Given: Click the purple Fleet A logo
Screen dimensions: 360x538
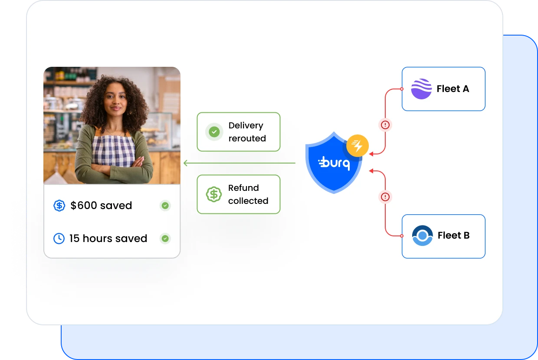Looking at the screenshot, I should point(421,89).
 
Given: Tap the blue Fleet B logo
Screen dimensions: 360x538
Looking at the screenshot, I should point(422,236).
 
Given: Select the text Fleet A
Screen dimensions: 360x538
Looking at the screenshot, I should point(453,89).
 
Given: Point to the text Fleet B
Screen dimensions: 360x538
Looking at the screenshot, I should point(453,236).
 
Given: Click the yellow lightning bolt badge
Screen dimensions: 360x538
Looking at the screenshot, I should point(358,146).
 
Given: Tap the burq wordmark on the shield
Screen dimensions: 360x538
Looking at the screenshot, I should point(334,164).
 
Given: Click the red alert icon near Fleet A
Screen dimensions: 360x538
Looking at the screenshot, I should point(385,125).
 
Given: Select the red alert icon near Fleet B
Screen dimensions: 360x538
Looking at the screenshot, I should point(385,197).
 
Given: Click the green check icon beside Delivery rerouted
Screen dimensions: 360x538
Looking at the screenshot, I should point(214,132).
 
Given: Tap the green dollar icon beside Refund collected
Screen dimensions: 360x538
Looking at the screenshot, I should point(214,194).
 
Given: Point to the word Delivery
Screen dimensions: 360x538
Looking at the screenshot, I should point(246,125).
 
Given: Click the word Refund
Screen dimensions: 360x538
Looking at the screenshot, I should point(243,188).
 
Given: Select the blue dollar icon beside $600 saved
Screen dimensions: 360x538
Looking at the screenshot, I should point(59,206).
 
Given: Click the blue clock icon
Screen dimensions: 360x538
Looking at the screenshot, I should point(59,239).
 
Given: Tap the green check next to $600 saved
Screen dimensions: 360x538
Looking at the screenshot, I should point(165,206).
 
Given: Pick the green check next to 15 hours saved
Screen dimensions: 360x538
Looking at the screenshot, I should point(165,239).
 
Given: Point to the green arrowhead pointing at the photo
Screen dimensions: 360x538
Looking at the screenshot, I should point(186,163).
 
